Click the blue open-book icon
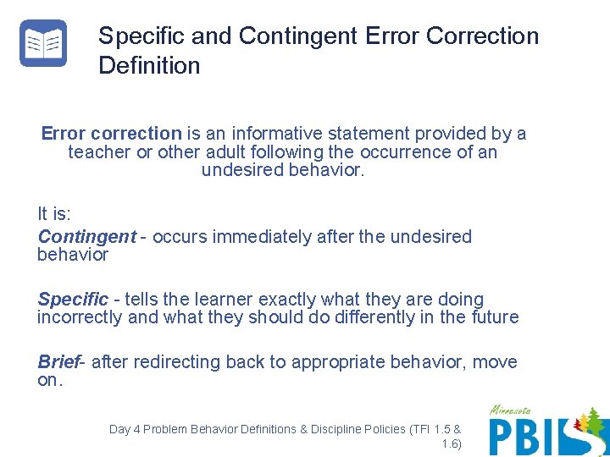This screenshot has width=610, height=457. click(x=43, y=43)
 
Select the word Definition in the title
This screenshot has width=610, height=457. click(x=149, y=66)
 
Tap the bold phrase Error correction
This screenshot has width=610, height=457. click(x=111, y=134)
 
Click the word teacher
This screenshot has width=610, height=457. click(x=99, y=152)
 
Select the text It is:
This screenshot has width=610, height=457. click(x=54, y=213)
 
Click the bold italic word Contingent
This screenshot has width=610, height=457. click(x=86, y=237)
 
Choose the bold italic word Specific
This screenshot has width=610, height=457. click(x=73, y=300)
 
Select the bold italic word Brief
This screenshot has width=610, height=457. click(x=58, y=362)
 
